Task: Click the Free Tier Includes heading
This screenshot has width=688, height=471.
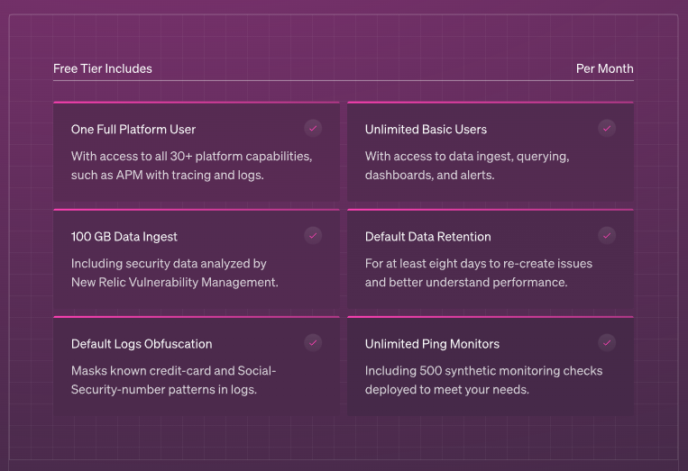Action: pyautogui.click(x=103, y=68)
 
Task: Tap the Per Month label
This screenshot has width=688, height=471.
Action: pyautogui.click(x=605, y=68)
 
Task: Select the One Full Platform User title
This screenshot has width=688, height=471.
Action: pyautogui.click(x=133, y=130)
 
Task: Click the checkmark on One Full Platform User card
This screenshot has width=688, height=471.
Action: pyautogui.click(x=313, y=129)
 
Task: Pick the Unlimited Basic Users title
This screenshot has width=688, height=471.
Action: pyautogui.click(x=426, y=130)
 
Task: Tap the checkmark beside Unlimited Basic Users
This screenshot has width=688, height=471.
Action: pyautogui.click(x=607, y=129)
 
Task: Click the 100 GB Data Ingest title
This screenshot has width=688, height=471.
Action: pyautogui.click(x=124, y=237)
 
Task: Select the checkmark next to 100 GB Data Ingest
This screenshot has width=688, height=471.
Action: pyautogui.click(x=313, y=236)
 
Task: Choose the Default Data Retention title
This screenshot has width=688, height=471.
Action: pyautogui.click(x=427, y=237)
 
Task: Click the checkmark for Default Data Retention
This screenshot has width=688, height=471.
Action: pyautogui.click(x=607, y=236)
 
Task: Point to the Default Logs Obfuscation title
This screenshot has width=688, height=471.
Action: pyautogui.click(x=142, y=344)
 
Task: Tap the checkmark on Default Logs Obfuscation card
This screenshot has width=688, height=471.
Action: pyautogui.click(x=313, y=343)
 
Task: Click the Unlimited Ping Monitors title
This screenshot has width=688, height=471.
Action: pyautogui.click(x=432, y=344)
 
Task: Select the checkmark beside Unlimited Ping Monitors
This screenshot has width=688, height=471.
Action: pyautogui.click(x=607, y=343)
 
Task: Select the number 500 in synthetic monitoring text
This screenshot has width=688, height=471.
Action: pyautogui.click(x=430, y=371)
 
